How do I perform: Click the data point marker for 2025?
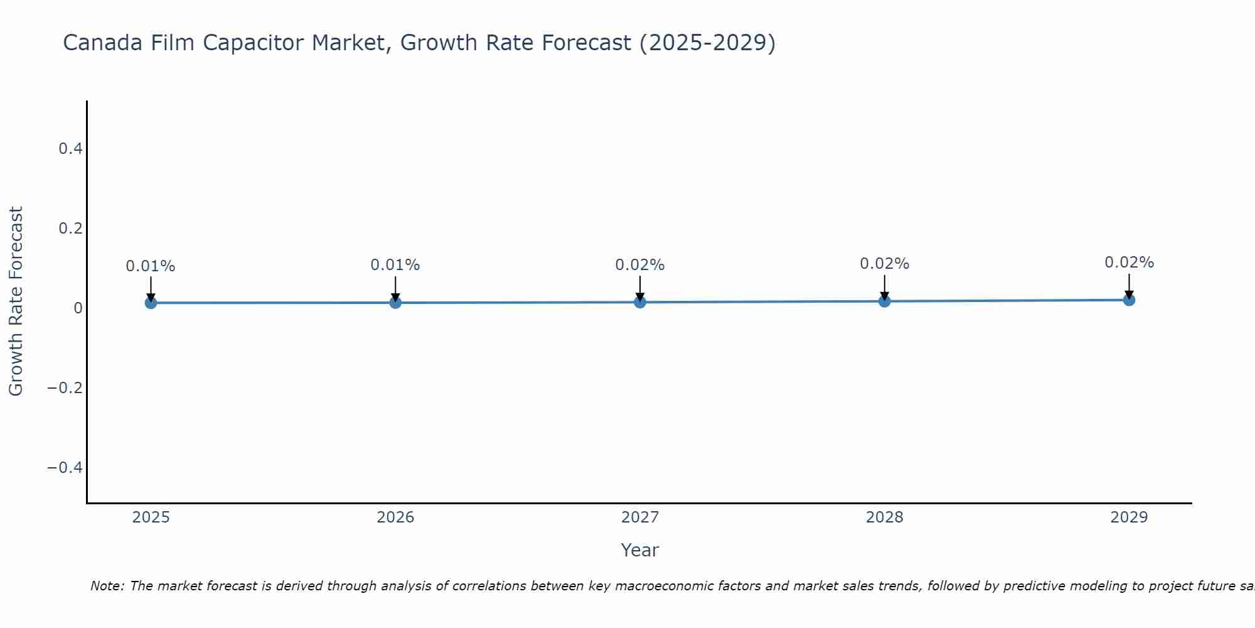tap(151, 303)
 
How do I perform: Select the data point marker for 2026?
tap(395, 303)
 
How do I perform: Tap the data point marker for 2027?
tap(640, 302)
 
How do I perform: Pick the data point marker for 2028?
tap(884, 301)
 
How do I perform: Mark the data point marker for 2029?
tap(1129, 300)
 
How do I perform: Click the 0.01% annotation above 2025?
tap(151, 266)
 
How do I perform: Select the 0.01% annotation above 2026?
tap(395, 265)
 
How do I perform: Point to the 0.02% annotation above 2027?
tap(640, 265)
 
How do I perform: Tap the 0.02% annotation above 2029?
tap(1129, 263)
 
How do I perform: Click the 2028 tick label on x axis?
tap(884, 517)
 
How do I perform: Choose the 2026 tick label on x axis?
tap(395, 517)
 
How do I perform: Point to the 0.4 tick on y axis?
tap(70, 149)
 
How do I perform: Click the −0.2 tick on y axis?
tap(65, 387)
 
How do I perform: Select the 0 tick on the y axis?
tap(78, 308)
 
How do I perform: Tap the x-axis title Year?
tap(639, 550)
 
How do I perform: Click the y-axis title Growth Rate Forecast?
tap(16, 301)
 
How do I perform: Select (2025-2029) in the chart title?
tap(707, 43)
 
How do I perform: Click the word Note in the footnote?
tap(107, 586)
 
